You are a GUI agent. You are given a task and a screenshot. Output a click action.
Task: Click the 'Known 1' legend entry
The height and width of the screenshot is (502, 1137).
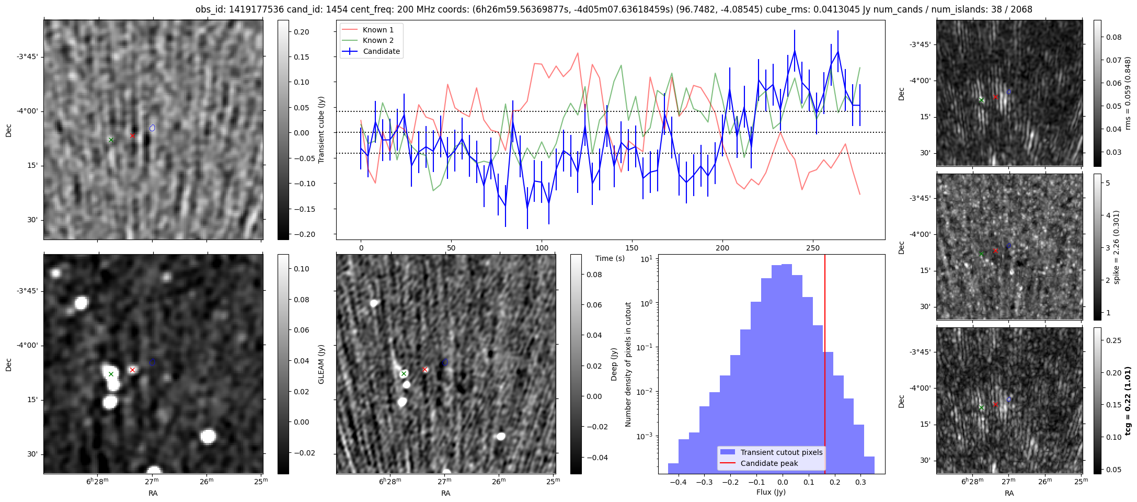[377, 30]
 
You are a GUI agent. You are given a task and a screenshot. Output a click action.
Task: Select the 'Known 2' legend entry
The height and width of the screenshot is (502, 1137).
[377, 40]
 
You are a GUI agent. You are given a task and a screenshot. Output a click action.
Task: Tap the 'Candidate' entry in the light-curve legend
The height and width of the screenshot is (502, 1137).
[381, 51]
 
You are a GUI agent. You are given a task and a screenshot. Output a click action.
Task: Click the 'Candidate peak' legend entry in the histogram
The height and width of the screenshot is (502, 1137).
[769, 463]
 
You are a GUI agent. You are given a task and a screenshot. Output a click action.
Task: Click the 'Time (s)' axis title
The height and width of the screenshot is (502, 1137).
[610, 258]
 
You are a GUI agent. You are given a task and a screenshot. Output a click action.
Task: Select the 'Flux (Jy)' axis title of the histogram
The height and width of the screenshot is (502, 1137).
[771, 492]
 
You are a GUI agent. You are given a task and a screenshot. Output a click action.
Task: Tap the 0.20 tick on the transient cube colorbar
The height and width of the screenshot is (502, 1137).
[302, 32]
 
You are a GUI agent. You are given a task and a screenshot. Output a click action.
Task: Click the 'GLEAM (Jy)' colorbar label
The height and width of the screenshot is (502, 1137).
[321, 364]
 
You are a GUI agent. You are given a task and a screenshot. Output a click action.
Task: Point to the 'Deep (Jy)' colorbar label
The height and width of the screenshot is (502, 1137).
[614, 364]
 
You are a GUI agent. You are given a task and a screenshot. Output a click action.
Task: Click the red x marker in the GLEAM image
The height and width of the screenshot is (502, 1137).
[132, 370]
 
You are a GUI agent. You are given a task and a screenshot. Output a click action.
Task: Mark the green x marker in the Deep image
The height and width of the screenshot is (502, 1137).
[404, 373]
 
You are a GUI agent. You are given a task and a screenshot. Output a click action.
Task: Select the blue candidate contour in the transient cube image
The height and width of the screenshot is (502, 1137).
[152, 128]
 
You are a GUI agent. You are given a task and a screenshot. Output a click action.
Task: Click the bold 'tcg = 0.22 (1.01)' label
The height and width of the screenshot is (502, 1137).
[1128, 401]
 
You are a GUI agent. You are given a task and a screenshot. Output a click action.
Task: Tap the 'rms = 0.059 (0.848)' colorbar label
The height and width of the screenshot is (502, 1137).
[1127, 93]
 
